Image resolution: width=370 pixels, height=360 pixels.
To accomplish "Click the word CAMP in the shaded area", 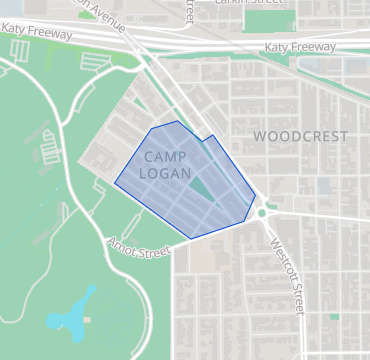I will coord(165,157).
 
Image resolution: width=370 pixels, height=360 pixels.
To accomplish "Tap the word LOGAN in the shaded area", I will coord(165,173).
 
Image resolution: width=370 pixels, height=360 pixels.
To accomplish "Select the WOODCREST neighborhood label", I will coord(300,136).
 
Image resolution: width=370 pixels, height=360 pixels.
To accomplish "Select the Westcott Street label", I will coord(286,273).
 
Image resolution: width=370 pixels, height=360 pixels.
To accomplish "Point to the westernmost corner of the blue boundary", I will coord(115,183).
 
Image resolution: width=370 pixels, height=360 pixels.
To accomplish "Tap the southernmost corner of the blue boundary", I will coord(190,239).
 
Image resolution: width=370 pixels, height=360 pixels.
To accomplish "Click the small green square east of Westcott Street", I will coord(334,316).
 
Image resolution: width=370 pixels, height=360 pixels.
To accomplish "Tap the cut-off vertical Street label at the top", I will coord(188,11).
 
